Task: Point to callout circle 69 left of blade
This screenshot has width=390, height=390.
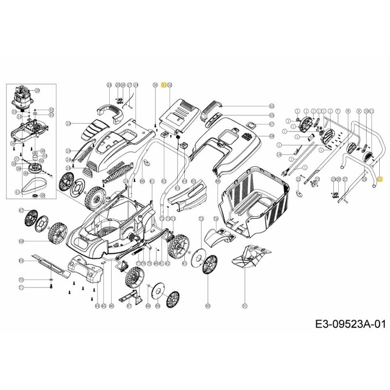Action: click(x=21, y=262)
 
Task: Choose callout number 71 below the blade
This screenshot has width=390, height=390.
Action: click(x=21, y=288)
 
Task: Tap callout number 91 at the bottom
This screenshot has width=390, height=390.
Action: click(x=245, y=306)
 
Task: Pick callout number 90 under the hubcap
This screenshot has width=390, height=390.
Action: click(x=208, y=306)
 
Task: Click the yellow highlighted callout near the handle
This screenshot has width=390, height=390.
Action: click(x=381, y=179)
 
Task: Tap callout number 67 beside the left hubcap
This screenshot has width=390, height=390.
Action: click(x=21, y=210)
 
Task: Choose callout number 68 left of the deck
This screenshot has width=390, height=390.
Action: click(x=21, y=241)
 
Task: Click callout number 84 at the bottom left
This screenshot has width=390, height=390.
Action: click(x=97, y=306)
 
